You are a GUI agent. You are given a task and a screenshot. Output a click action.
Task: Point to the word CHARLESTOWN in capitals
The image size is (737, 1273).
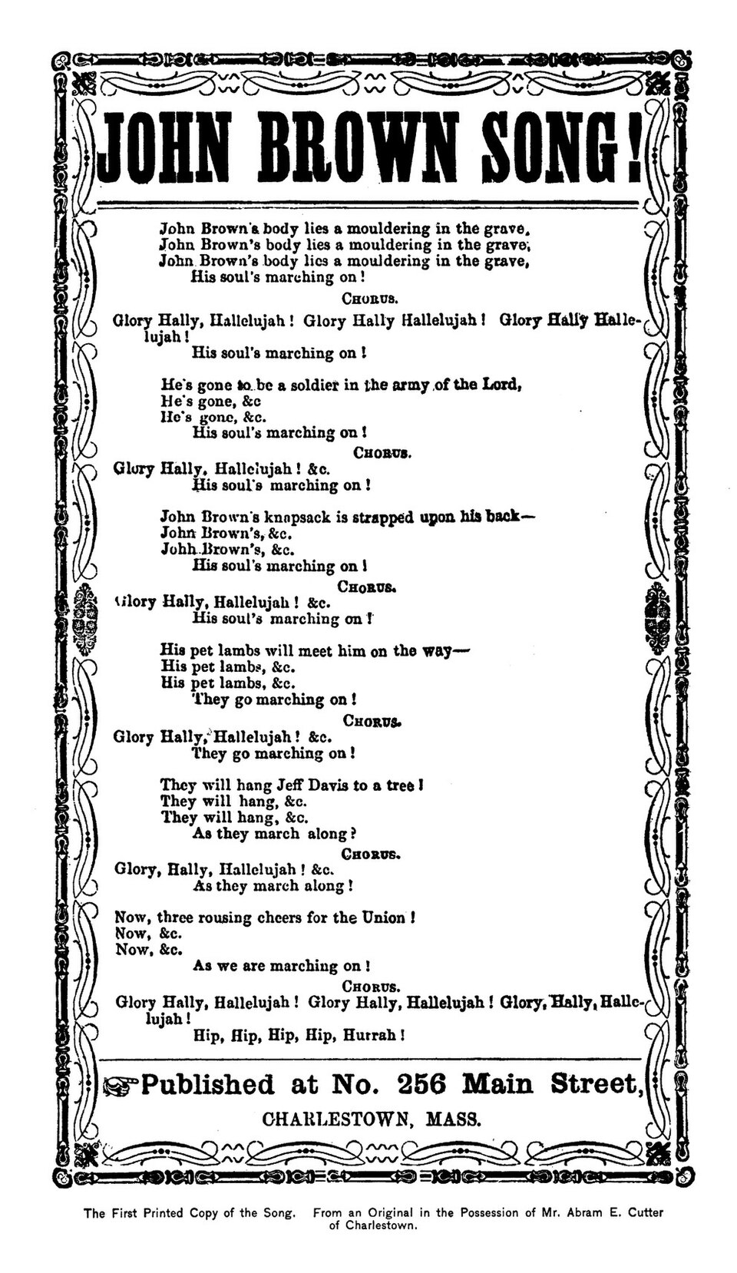pos(334,1119)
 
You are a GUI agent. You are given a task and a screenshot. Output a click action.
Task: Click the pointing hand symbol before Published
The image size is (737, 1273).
pos(121,1085)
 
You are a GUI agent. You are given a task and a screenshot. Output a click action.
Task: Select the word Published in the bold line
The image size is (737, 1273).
pos(207,1084)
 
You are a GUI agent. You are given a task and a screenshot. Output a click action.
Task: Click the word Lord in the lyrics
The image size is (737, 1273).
pos(501,385)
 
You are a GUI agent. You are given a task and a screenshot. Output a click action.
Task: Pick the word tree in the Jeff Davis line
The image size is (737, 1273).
pos(401,786)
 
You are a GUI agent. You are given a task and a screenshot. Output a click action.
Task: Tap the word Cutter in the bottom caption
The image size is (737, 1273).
pos(642,1213)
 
